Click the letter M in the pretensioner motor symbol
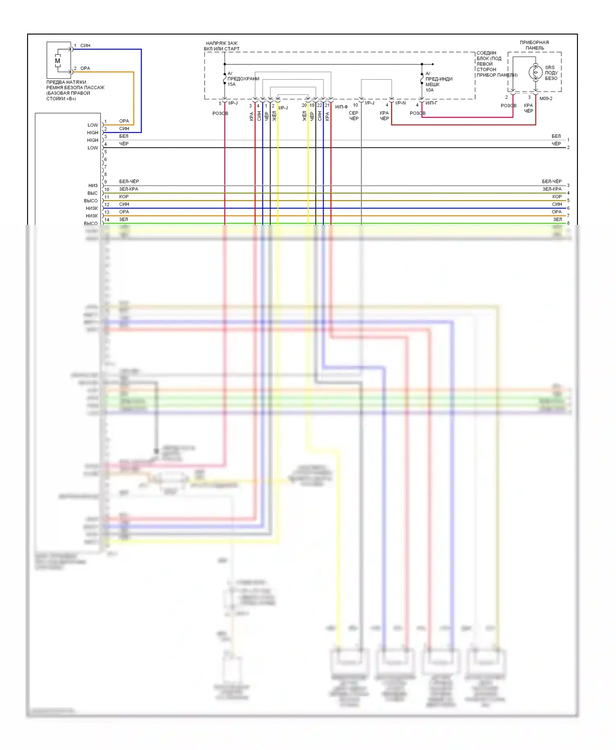click(x=57, y=61)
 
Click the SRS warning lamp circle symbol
click(x=536, y=72)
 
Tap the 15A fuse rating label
click(x=232, y=85)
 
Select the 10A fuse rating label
click(x=430, y=90)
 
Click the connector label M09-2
click(x=546, y=98)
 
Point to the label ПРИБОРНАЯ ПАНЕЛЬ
click(x=534, y=45)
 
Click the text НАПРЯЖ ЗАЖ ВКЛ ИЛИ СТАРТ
click(x=222, y=46)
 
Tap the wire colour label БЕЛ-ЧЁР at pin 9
click(x=129, y=181)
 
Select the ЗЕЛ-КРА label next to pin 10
click(x=129, y=189)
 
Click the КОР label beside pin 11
click(x=124, y=197)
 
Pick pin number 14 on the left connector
click(x=107, y=220)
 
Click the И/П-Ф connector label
click(x=341, y=107)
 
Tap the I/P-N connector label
click(x=400, y=103)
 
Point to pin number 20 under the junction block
click(x=304, y=105)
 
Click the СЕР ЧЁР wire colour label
click(x=354, y=116)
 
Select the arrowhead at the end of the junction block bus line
click(x=432, y=64)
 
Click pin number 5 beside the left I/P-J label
click(x=220, y=103)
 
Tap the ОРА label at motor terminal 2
click(x=85, y=69)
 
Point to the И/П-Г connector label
click(x=431, y=103)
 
